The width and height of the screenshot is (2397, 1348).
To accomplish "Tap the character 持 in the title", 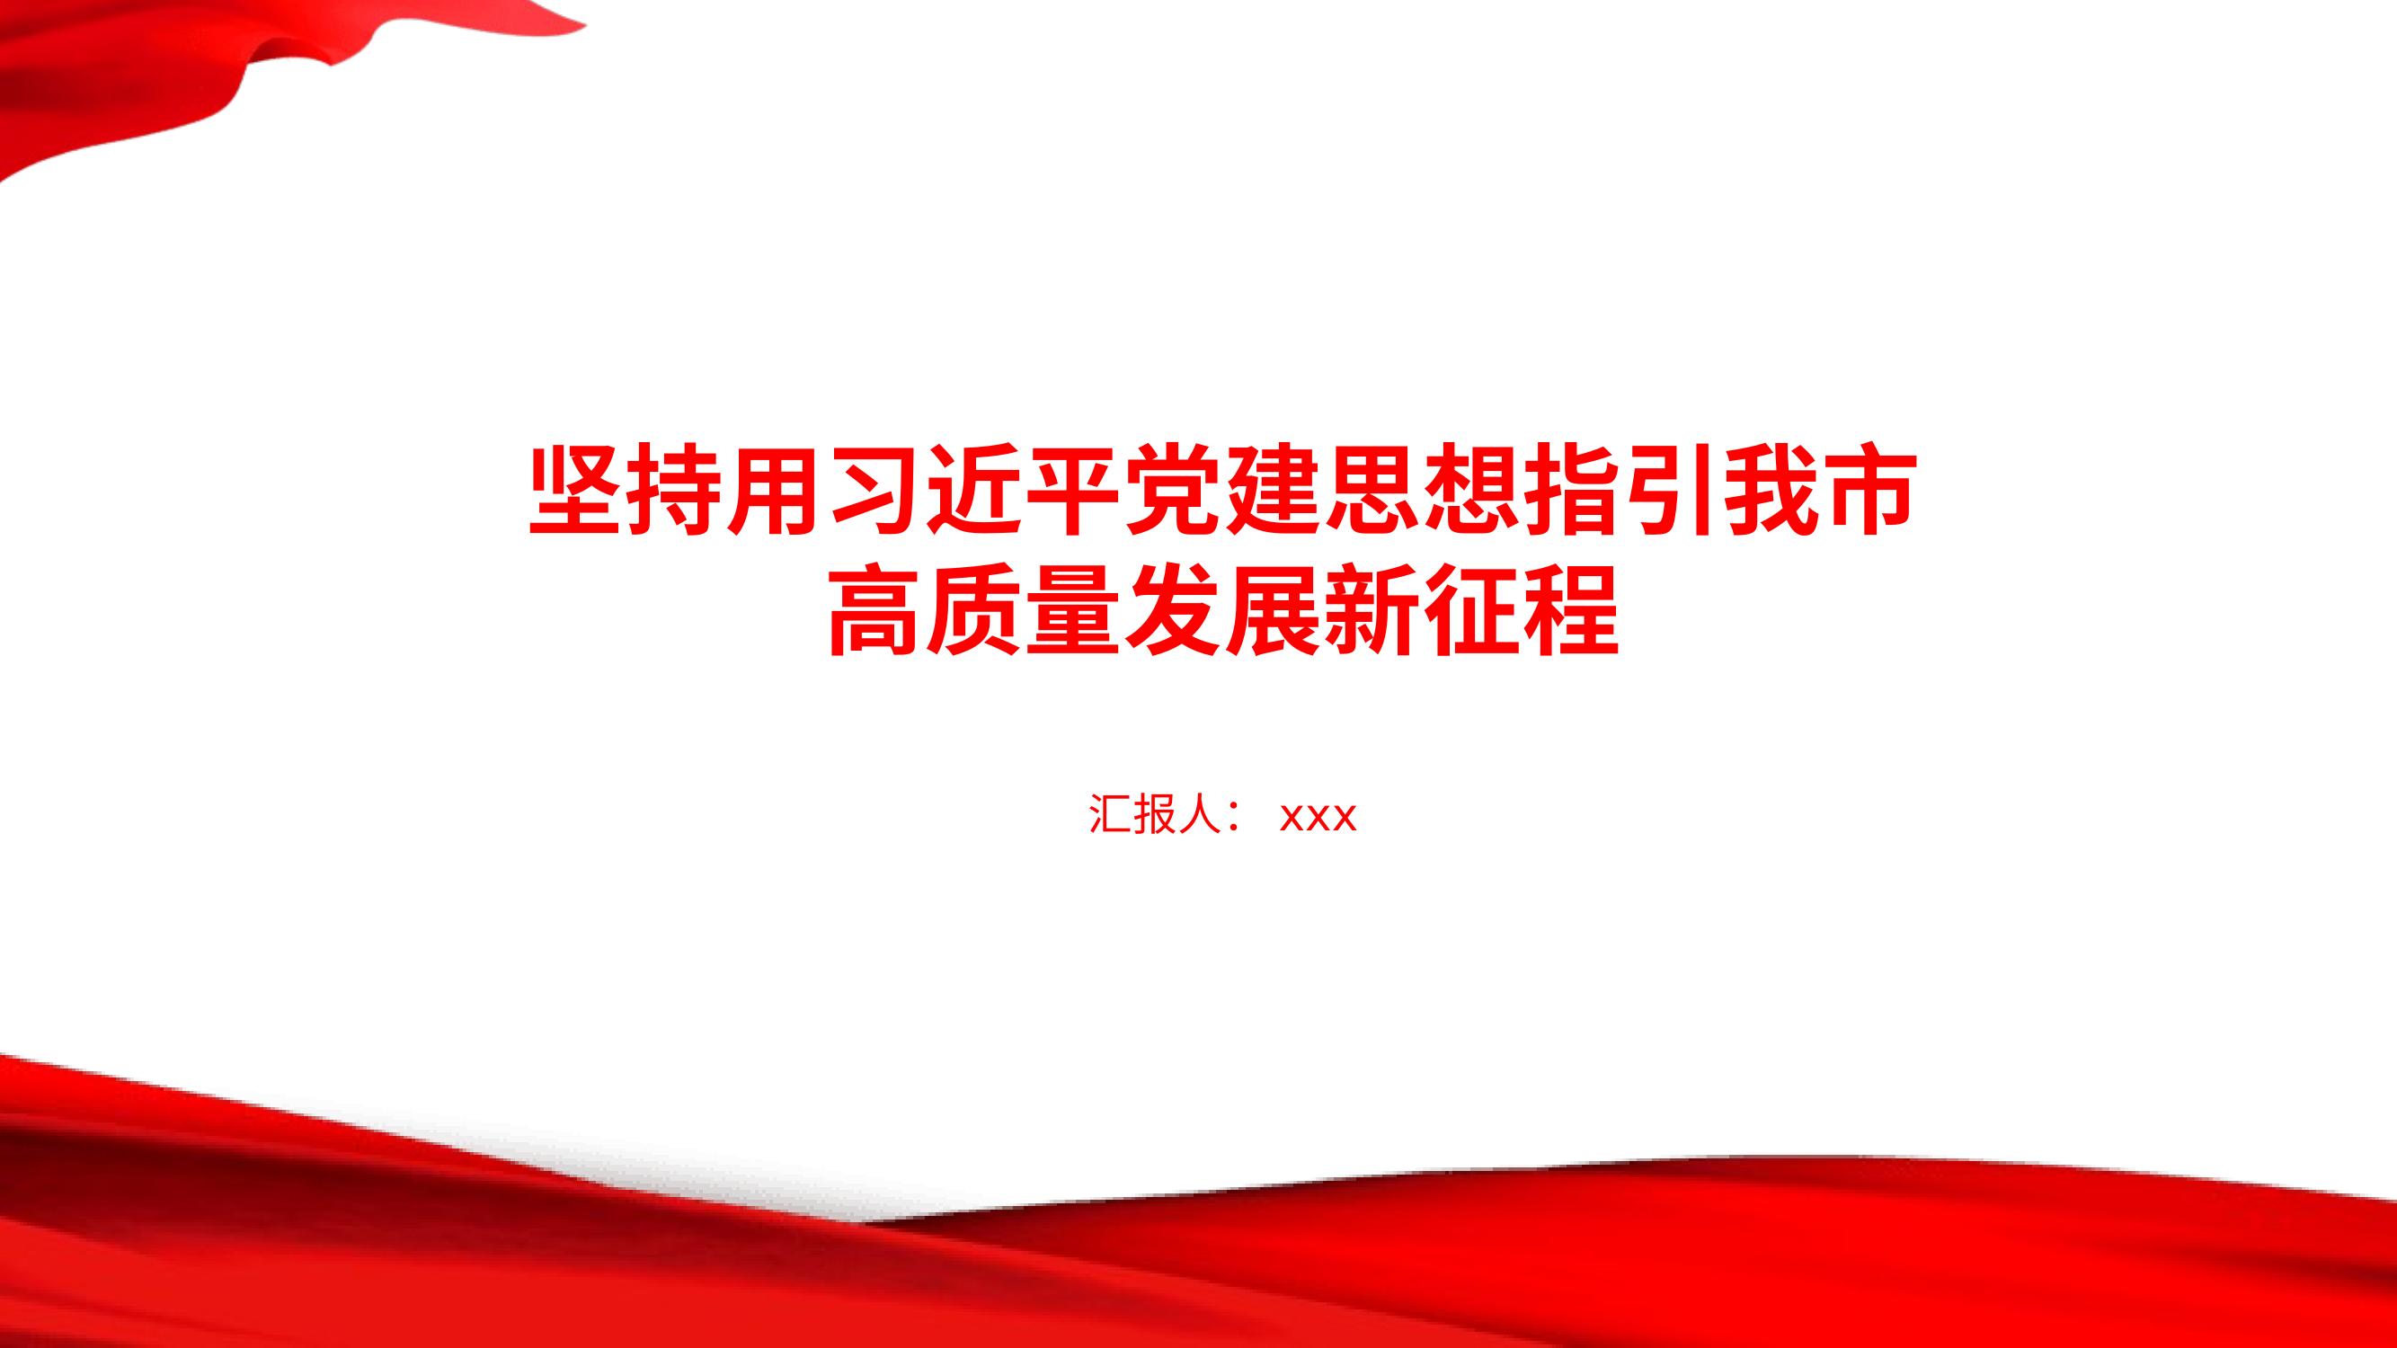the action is (x=676, y=493).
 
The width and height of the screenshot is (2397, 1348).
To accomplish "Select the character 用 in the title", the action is (x=774, y=493).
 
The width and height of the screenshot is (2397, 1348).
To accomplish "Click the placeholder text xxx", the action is (x=1318, y=817).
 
